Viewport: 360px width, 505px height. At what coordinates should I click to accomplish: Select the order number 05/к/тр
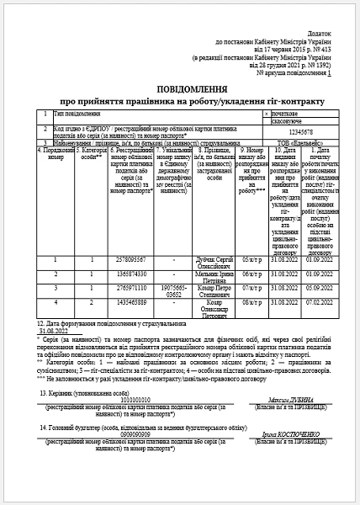click(x=251, y=260)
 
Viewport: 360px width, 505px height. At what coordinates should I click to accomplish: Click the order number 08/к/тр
click(x=251, y=301)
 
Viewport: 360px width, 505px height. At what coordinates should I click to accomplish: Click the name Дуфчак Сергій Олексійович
click(x=215, y=263)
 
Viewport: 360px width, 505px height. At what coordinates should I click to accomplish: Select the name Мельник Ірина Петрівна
click(x=215, y=277)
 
